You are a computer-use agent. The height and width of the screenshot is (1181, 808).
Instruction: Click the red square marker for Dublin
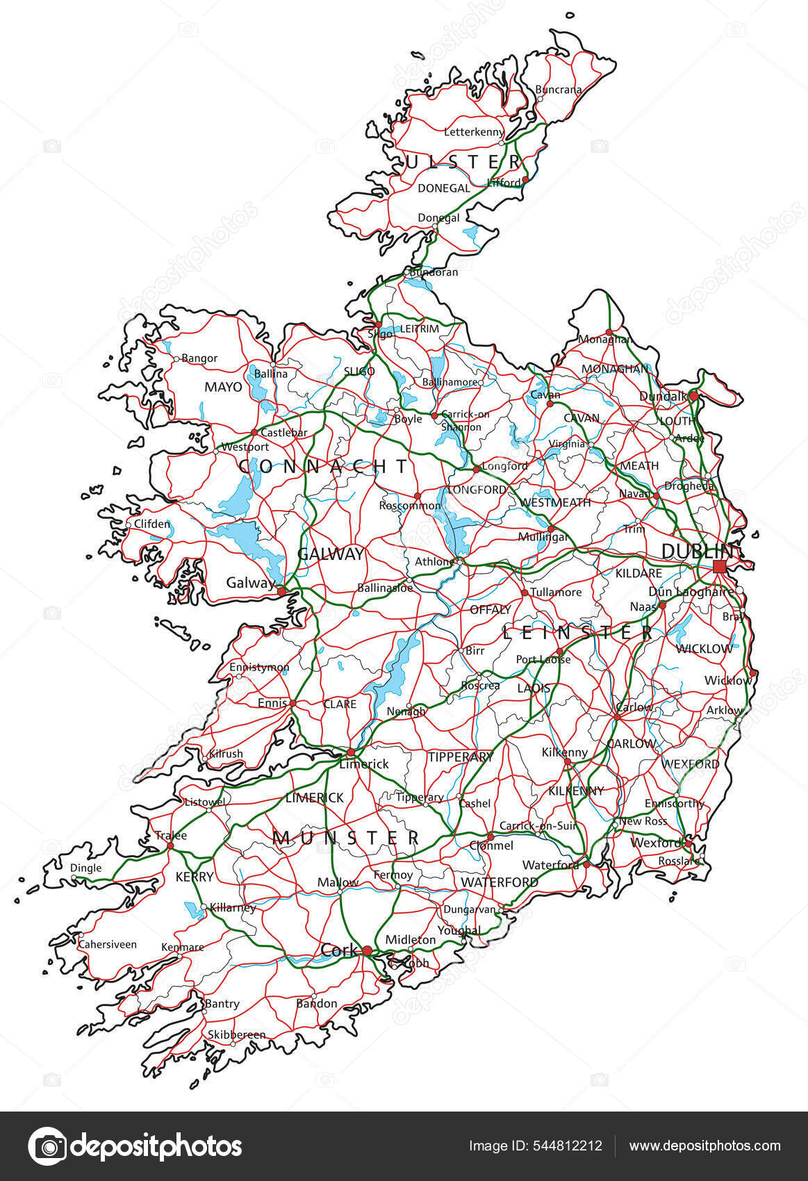[719, 566]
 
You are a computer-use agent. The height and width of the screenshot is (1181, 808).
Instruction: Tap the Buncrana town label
[558, 90]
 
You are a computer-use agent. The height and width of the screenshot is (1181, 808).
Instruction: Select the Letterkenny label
[474, 132]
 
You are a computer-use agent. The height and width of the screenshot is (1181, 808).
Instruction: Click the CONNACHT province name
[324, 465]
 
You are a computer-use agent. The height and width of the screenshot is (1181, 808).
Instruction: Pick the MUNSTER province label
[346, 838]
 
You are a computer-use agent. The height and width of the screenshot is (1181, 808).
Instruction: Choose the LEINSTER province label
[577, 632]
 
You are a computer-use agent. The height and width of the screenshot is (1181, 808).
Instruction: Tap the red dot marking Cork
[367, 950]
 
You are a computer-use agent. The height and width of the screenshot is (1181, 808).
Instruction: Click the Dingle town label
[85, 868]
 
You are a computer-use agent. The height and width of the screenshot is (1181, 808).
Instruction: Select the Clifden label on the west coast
[151, 524]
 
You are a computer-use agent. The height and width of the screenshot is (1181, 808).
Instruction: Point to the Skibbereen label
[236, 1034]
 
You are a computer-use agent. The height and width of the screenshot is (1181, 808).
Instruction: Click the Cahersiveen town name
[107, 945]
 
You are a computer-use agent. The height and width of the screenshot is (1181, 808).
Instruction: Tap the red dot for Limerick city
[351, 752]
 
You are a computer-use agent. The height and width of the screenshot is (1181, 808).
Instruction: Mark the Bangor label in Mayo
[199, 358]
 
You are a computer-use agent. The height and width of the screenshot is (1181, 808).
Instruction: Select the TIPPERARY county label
[459, 757]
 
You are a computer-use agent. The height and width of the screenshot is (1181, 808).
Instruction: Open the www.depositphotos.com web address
[704, 1146]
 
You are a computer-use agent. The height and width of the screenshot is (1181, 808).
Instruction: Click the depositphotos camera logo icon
[47, 1146]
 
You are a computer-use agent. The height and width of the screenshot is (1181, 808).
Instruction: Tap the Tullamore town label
[556, 592]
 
